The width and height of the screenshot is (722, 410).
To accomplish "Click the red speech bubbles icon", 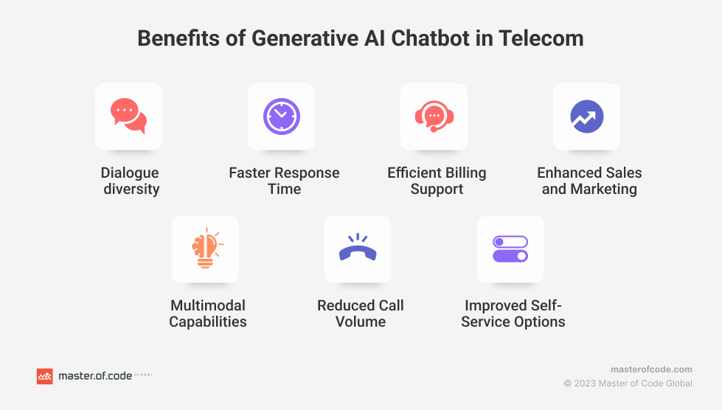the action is [128, 116].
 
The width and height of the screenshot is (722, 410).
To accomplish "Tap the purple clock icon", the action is [281, 117].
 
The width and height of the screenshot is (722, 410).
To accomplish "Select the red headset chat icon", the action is [434, 117].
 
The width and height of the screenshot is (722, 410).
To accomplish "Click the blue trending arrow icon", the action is [586, 117].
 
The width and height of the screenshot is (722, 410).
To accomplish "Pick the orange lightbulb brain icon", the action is [206, 248].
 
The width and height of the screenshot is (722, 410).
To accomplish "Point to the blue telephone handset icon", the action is [358, 248].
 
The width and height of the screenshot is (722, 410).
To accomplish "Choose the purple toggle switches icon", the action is [510, 249].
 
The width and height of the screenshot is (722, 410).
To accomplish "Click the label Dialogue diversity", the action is [131, 181].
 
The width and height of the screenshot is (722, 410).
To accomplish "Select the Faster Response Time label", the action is [284, 181].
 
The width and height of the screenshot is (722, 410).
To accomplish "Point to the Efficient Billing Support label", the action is [437, 181].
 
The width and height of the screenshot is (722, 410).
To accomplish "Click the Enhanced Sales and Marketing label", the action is [589, 181].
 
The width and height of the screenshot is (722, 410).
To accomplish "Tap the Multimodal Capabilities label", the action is [208, 313].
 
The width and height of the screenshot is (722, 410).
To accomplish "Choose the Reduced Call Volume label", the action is [361, 313].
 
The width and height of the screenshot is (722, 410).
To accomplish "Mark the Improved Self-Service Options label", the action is [513, 313].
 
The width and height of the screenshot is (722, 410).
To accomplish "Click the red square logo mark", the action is [45, 376].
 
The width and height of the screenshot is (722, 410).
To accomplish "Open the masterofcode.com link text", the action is [651, 369].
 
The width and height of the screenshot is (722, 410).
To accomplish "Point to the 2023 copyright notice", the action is [628, 383].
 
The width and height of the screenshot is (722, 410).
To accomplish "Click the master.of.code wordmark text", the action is [95, 376].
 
